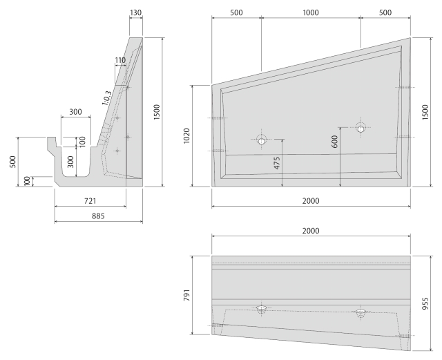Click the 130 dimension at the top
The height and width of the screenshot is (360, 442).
(x=135, y=12)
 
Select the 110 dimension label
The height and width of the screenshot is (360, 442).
(x=120, y=60)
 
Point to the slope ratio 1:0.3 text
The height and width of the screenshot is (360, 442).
(x=106, y=98)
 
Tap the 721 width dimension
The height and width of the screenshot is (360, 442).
(x=90, y=201)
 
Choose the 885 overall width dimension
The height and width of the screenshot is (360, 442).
(x=98, y=216)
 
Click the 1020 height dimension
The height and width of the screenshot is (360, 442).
(x=186, y=135)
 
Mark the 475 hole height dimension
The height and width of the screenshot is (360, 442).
(x=277, y=163)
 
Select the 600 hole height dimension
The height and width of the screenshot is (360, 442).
(x=334, y=142)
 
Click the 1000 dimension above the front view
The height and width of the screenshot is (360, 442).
(x=311, y=12)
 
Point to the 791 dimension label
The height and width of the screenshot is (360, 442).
(x=186, y=295)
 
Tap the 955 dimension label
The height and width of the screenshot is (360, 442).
(x=425, y=303)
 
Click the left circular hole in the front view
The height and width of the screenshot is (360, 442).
(x=262, y=140)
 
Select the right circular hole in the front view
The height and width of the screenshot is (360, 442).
(x=361, y=128)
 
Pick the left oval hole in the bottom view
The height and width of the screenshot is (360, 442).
(x=262, y=307)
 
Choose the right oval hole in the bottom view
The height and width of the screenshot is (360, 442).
(x=361, y=312)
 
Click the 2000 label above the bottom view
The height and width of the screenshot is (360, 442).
(x=311, y=231)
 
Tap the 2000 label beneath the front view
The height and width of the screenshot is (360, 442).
(x=311, y=201)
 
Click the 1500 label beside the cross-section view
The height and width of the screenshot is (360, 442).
(x=157, y=112)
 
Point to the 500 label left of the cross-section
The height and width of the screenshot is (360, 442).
(x=13, y=162)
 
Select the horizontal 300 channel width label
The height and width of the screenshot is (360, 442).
(x=75, y=112)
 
